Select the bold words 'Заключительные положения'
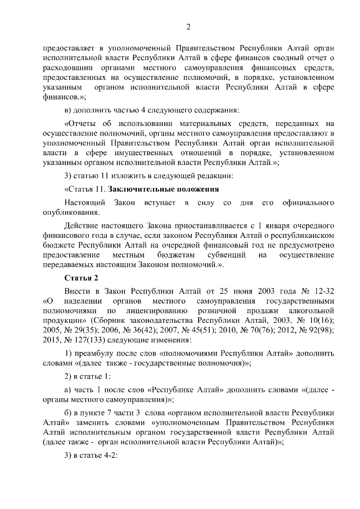click(163, 188)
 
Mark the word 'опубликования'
click(71, 212)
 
